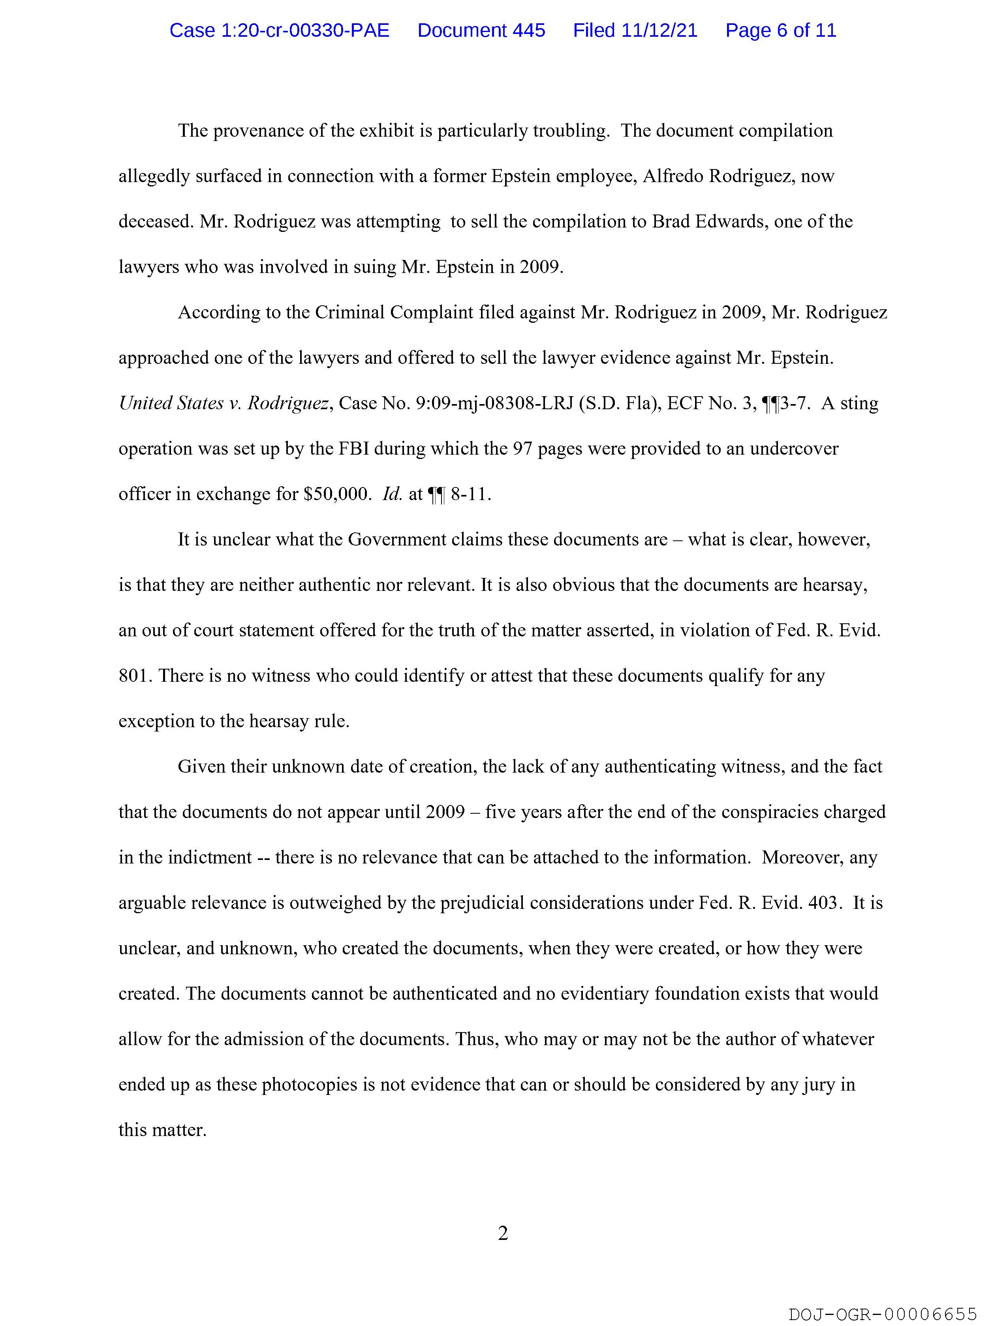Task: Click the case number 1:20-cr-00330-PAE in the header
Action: coord(279,30)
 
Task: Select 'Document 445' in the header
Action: coord(481,30)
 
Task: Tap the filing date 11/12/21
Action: coord(659,30)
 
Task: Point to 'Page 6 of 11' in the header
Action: coord(780,30)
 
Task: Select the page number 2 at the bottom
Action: coord(503,1233)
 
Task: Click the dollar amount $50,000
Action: coord(335,494)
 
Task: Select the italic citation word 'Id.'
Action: coord(392,494)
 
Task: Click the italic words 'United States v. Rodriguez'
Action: coord(224,403)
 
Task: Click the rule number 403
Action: coord(822,903)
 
